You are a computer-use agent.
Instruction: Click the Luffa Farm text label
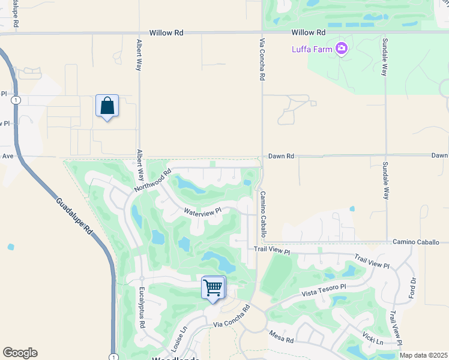coord(312,49)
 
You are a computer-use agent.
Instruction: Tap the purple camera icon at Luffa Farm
coord(342,48)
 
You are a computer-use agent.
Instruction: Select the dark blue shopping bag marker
coord(107,106)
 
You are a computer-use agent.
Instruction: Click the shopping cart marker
coord(213,288)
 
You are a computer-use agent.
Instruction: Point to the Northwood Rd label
coord(153,179)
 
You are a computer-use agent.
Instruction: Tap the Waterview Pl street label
coord(203,211)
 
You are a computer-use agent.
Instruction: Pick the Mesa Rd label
coord(281,337)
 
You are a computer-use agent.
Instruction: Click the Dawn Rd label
coord(281,156)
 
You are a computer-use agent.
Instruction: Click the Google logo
coord(20,353)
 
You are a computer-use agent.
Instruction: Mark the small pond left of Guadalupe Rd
coord(11,247)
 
